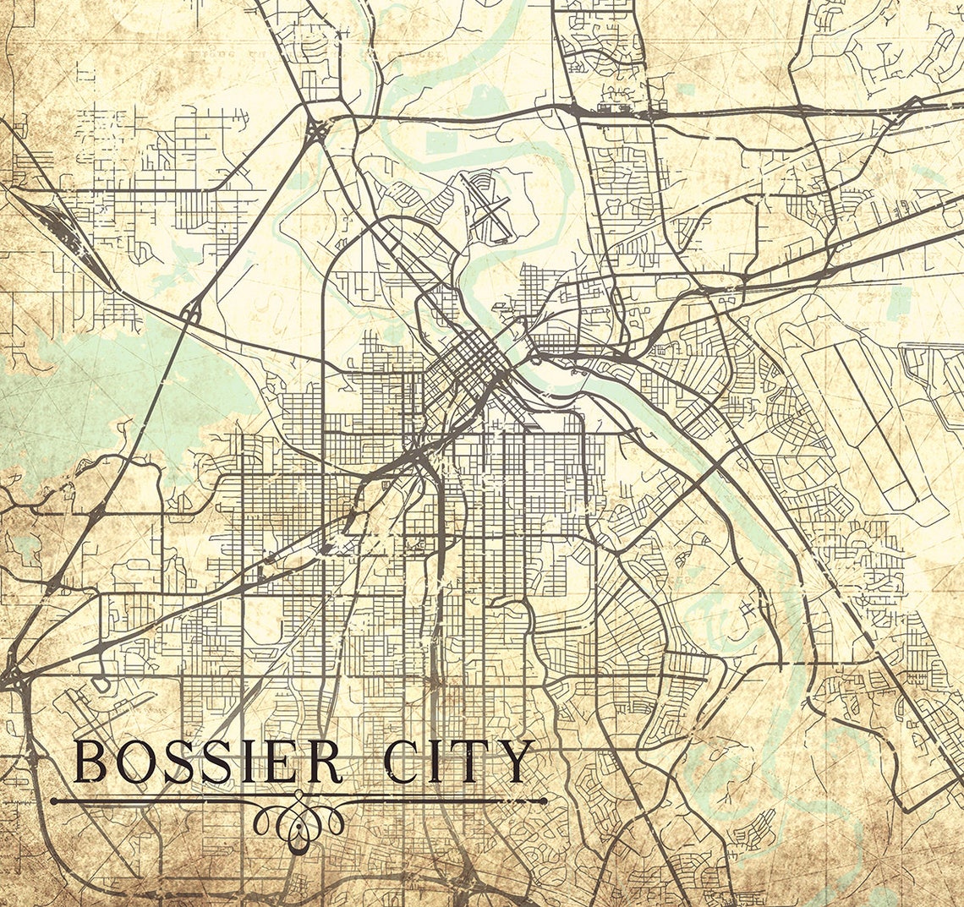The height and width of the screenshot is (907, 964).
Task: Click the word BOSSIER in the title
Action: coord(208,762)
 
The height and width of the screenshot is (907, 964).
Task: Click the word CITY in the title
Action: coord(459,762)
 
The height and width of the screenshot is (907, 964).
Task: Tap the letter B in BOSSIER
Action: coord(91,762)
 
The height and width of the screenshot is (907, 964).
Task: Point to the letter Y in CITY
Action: coord(516,762)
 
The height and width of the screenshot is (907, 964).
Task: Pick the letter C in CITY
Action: coord(400,762)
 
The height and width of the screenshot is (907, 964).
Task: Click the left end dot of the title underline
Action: coord(53,800)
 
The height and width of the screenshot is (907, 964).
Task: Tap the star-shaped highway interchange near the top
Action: coord(317,130)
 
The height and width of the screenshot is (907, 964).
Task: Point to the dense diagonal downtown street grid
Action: coord(469,368)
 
